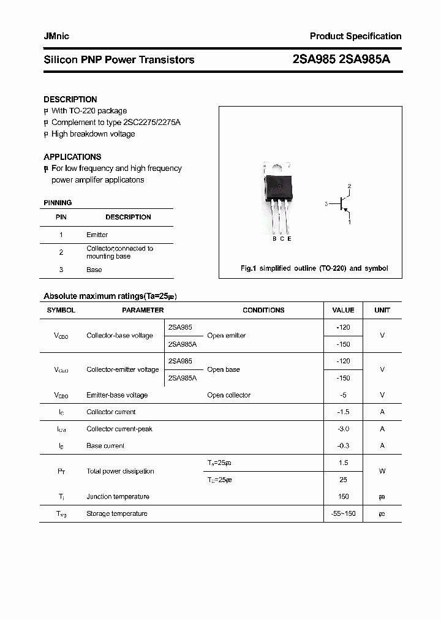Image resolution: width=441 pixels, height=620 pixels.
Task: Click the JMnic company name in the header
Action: click(56, 37)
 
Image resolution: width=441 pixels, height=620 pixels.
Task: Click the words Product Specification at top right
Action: click(355, 37)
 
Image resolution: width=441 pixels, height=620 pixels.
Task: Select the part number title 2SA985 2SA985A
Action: click(341, 59)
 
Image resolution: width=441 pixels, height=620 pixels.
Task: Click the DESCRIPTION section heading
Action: click(70, 99)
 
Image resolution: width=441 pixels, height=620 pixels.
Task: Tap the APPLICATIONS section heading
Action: click(72, 157)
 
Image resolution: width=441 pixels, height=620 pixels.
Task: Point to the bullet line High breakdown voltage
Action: click(92, 134)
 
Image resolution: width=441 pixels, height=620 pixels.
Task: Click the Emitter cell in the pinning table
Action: click(97, 235)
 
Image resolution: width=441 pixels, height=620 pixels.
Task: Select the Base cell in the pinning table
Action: click(94, 270)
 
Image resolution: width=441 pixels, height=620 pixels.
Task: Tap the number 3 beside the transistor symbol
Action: click(327, 203)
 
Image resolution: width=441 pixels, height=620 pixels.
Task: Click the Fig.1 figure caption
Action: click(314, 268)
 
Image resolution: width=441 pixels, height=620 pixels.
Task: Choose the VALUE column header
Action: click(343, 310)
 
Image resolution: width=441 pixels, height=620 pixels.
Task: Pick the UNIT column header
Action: click(382, 310)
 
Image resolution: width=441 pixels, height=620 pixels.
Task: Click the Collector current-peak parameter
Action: click(119, 429)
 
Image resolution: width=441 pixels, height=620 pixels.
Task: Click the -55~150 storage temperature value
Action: click(343, 513)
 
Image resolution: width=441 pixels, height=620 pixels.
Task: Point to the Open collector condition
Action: click(228, 395)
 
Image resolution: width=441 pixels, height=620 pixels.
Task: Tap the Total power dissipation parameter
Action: click(120, 471)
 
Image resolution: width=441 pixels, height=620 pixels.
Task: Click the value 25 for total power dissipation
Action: click(343, 480)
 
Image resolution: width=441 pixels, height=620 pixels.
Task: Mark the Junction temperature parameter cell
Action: click(118, 497)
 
